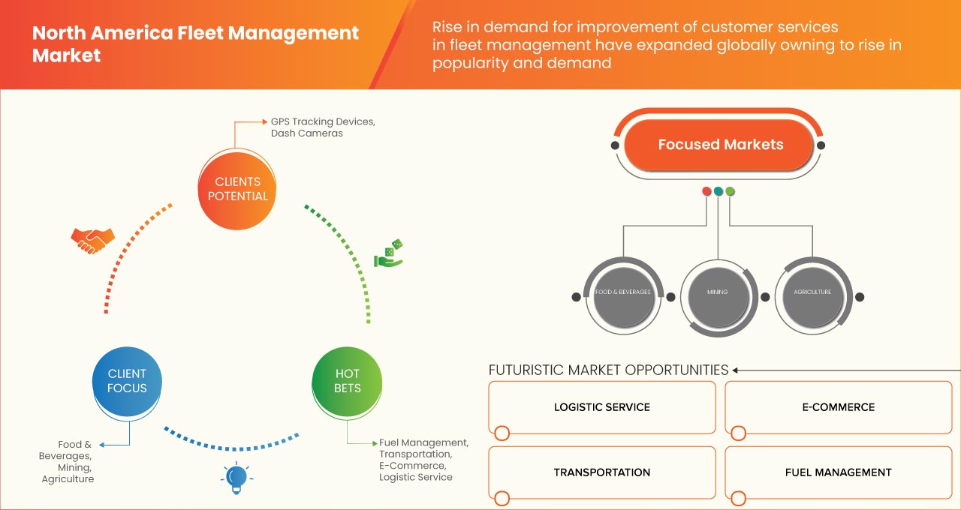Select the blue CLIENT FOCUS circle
pyautogui.click(x=127, y=381)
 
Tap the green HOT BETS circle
pyautogui.click(x=347, y=381)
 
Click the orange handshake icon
pyautogui.click(x=92, y=240)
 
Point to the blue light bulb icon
pyautogui.click(x=236, y=478)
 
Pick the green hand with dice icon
pyautogui.click(x=388, y=254)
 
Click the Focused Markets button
pyautogui.click(x=720, y=145)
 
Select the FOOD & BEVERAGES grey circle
pyautogui.click(x=622, y=292)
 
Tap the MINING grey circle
pyautogui.click(x=717, y=292)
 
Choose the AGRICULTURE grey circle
pyautogui.click(x=812, y=292)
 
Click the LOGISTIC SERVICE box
pyautogui.click(x=601, y=407)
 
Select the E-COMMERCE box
pyautogui.click(x=838, y=407)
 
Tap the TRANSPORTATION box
pyautogui.click(x=601, y=472)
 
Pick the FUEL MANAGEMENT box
pyautogui.click(x=838, y=472)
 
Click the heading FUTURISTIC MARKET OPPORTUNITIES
pyautogui.click(x=608, y=370)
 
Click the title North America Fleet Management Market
pyautogui.click(x=195, y=44)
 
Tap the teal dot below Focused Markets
pyautogui.click(x=718, y=191)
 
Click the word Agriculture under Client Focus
pyautogui.click(x=68, y=478)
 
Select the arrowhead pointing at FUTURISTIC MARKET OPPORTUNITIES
pyautogui.click(x=736, y=370)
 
